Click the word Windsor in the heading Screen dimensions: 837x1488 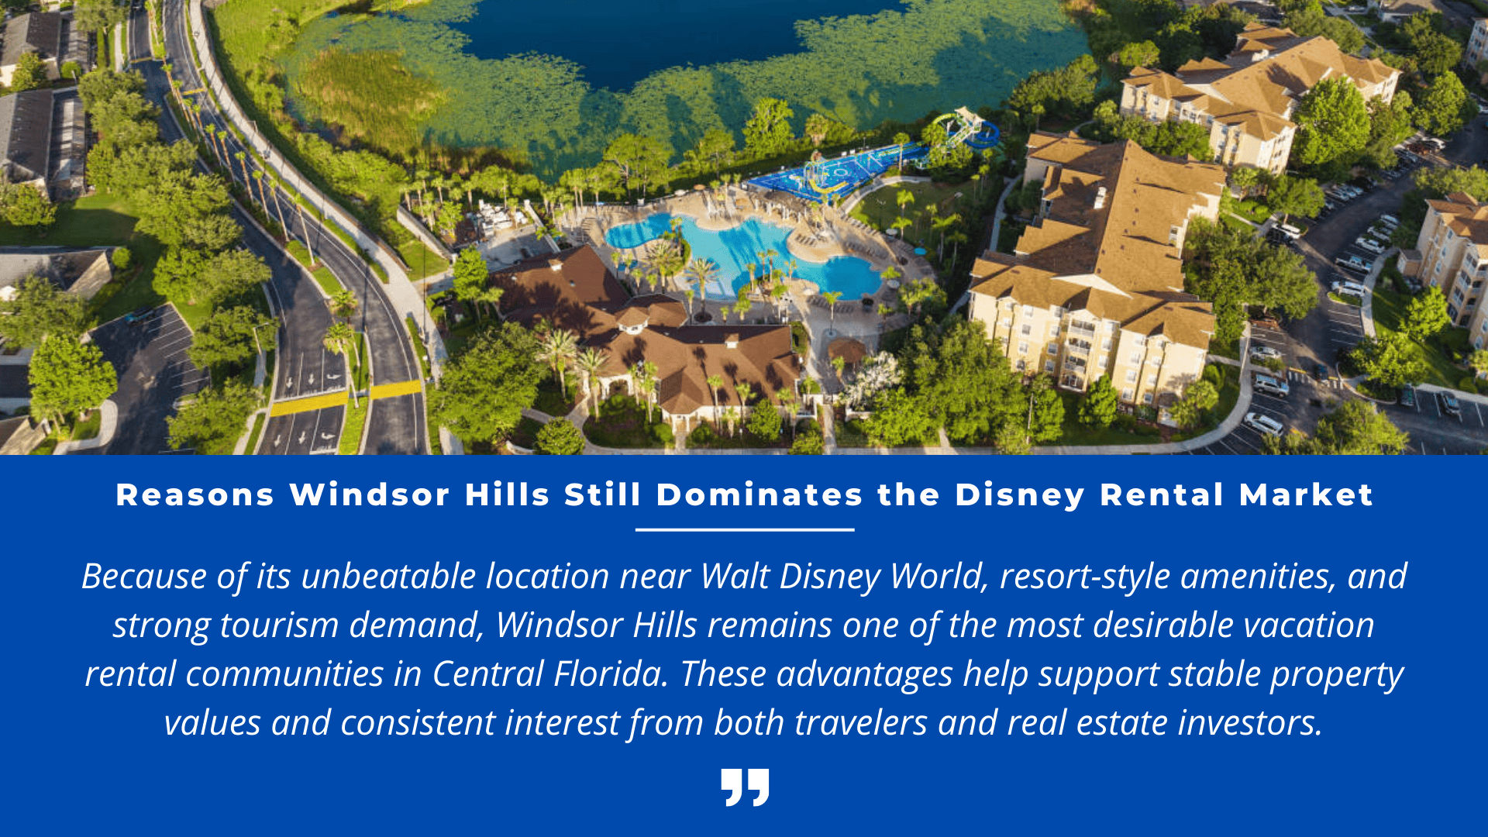[x=370, y=495]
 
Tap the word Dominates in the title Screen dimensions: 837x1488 [x=759, y=495]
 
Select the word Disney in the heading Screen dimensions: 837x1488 [x=1019, y=495]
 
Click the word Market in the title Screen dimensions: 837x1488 [x=1306, y=495]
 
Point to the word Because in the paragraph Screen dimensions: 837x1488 [x=143, y=577]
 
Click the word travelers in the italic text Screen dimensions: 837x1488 [x=859, y=723]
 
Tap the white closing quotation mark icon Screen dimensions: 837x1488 [x=745, y=787]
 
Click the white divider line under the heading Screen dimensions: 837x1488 [x=745, y=530]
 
